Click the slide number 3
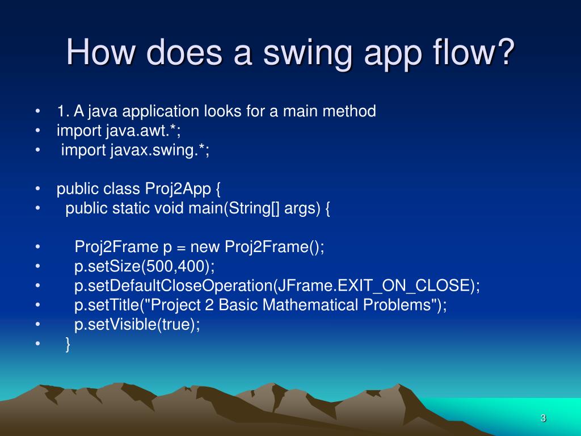tap(543, 418)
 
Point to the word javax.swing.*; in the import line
tap(159, 150)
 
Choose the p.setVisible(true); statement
tap(137, 325)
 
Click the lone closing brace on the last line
tap(68, 344)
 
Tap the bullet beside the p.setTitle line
tap(37, 305)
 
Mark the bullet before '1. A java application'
tap(37, 111)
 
